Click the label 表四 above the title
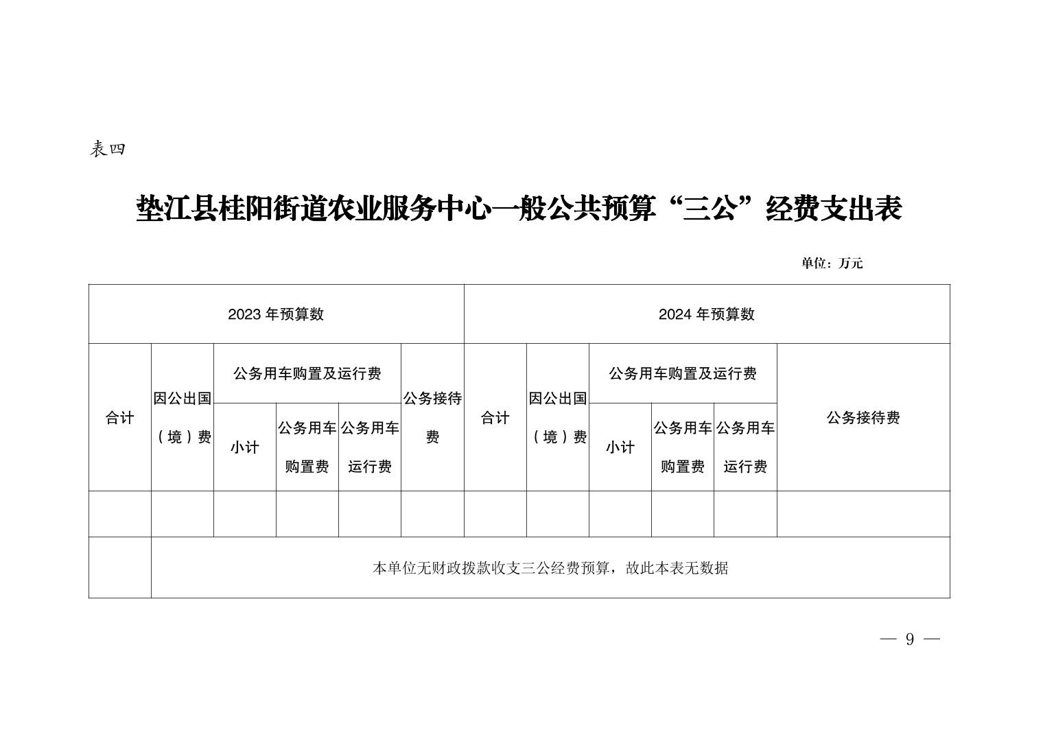click(108, 149)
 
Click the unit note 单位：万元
click(832, 264)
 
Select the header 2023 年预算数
click(276, 314)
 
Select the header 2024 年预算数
click(706, 314)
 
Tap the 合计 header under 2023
click(119, 418)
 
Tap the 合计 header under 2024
click(495, 418)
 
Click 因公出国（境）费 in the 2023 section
click(183, 418)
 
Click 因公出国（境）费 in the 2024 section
click(558, 418)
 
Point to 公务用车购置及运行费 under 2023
click(307, 373)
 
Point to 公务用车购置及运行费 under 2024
click(683, 373)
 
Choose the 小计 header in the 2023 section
click(244, 447)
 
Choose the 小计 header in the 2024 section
click(620, 447)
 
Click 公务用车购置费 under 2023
click(307, 447)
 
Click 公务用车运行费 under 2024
click(745, 447)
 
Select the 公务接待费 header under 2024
click(863, 418)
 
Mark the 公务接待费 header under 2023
click(432, 418)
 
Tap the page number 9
click(910, 640)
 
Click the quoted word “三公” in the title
click(710, 209)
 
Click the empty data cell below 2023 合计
click(119, 514)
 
